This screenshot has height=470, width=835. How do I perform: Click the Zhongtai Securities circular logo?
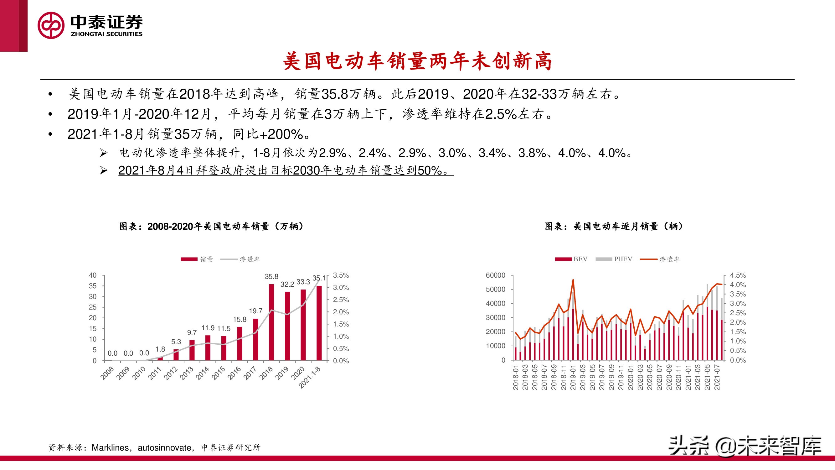click(51, 25)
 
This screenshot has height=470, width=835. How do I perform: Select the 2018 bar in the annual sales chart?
click(271, 322)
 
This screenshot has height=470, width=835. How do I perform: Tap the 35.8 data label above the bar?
click(271, 277)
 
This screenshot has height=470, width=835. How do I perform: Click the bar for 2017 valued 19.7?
click(255, 339)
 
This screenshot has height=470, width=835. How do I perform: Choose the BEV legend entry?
click(572, 259)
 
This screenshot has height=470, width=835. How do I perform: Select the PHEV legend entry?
click(614, 259)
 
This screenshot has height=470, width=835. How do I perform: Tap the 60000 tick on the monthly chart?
click(495, 275)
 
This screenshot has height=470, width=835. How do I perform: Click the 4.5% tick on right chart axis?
click(738, 275)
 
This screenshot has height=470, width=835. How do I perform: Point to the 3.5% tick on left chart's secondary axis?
click(341, 275)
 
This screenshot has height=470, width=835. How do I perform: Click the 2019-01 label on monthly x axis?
click(573, 377)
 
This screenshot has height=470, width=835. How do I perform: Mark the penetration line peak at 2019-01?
click(573, 279)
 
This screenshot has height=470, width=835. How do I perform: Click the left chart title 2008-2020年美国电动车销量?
click(211, 226)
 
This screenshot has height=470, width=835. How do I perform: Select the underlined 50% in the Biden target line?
click(430, 170)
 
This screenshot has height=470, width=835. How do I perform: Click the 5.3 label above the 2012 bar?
click(176, 342)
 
